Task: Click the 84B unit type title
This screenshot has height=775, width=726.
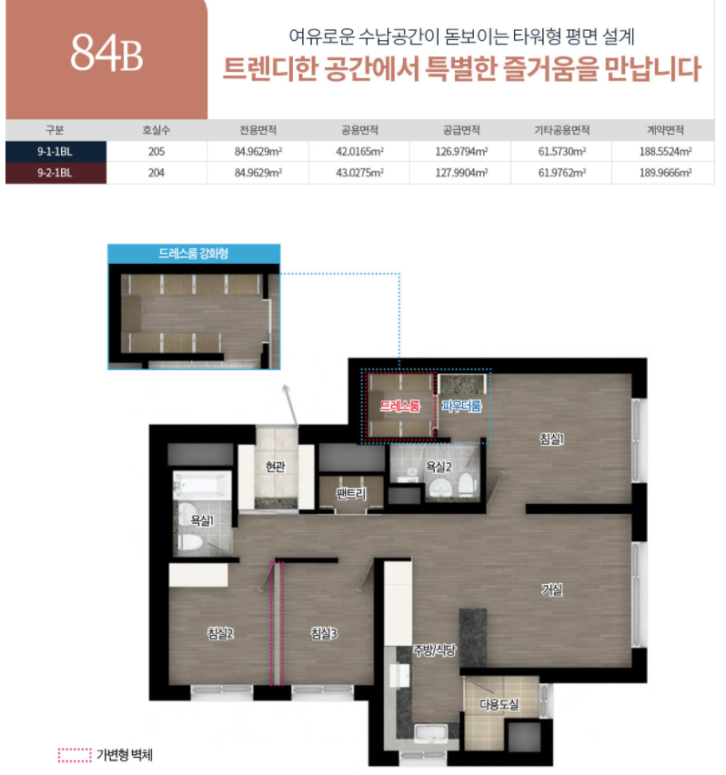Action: point(106,53)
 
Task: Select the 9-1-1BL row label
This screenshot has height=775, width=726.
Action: point(55,152)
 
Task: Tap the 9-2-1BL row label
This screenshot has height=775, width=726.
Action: point(55,173)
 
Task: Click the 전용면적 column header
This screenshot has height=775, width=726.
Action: point(258,130)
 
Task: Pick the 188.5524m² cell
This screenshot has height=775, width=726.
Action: point(665,152)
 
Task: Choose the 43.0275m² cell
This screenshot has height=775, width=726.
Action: point(359,173)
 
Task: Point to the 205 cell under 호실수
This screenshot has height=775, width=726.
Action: point(156,152)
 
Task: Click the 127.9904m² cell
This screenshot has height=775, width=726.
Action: point(461,173)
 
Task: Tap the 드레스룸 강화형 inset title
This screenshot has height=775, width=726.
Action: point(193,254)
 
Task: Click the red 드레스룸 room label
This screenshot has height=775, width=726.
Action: point(399,406)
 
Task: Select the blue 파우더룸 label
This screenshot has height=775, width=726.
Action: point(461,406)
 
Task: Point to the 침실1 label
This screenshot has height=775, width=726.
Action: point(551,438)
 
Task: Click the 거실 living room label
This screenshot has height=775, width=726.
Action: point(552,589)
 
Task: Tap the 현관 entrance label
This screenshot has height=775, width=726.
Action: point(276,466)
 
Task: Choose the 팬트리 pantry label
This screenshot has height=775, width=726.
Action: point(351,493)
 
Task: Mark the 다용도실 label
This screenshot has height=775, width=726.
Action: point(499,704)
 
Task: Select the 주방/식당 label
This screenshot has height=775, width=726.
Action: point(434,650)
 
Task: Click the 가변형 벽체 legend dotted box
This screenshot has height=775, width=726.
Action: point(75,755)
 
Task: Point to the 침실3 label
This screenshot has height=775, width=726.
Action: point(324,633)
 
